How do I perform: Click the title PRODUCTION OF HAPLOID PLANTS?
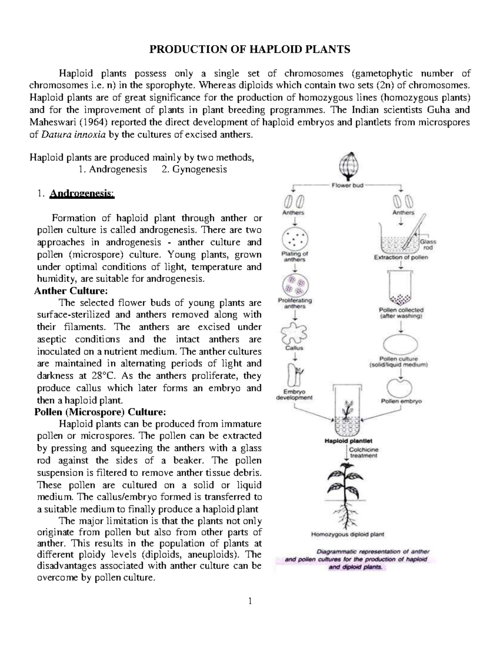[x=250, y=50]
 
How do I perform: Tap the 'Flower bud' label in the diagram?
[x=347, y=186]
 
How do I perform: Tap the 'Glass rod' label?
[x=427, y=245]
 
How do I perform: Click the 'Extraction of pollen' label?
[x=401, y=257]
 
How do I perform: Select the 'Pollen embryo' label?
[x=401, y=401]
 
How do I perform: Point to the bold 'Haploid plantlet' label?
[x=348, y=440]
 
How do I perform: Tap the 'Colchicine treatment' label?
[x=363, y=453]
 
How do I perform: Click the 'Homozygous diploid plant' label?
[x=348, y=534]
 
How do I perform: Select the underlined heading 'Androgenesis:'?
[x=81, y=194]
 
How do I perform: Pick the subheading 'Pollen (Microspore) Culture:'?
[x=100, y=412]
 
